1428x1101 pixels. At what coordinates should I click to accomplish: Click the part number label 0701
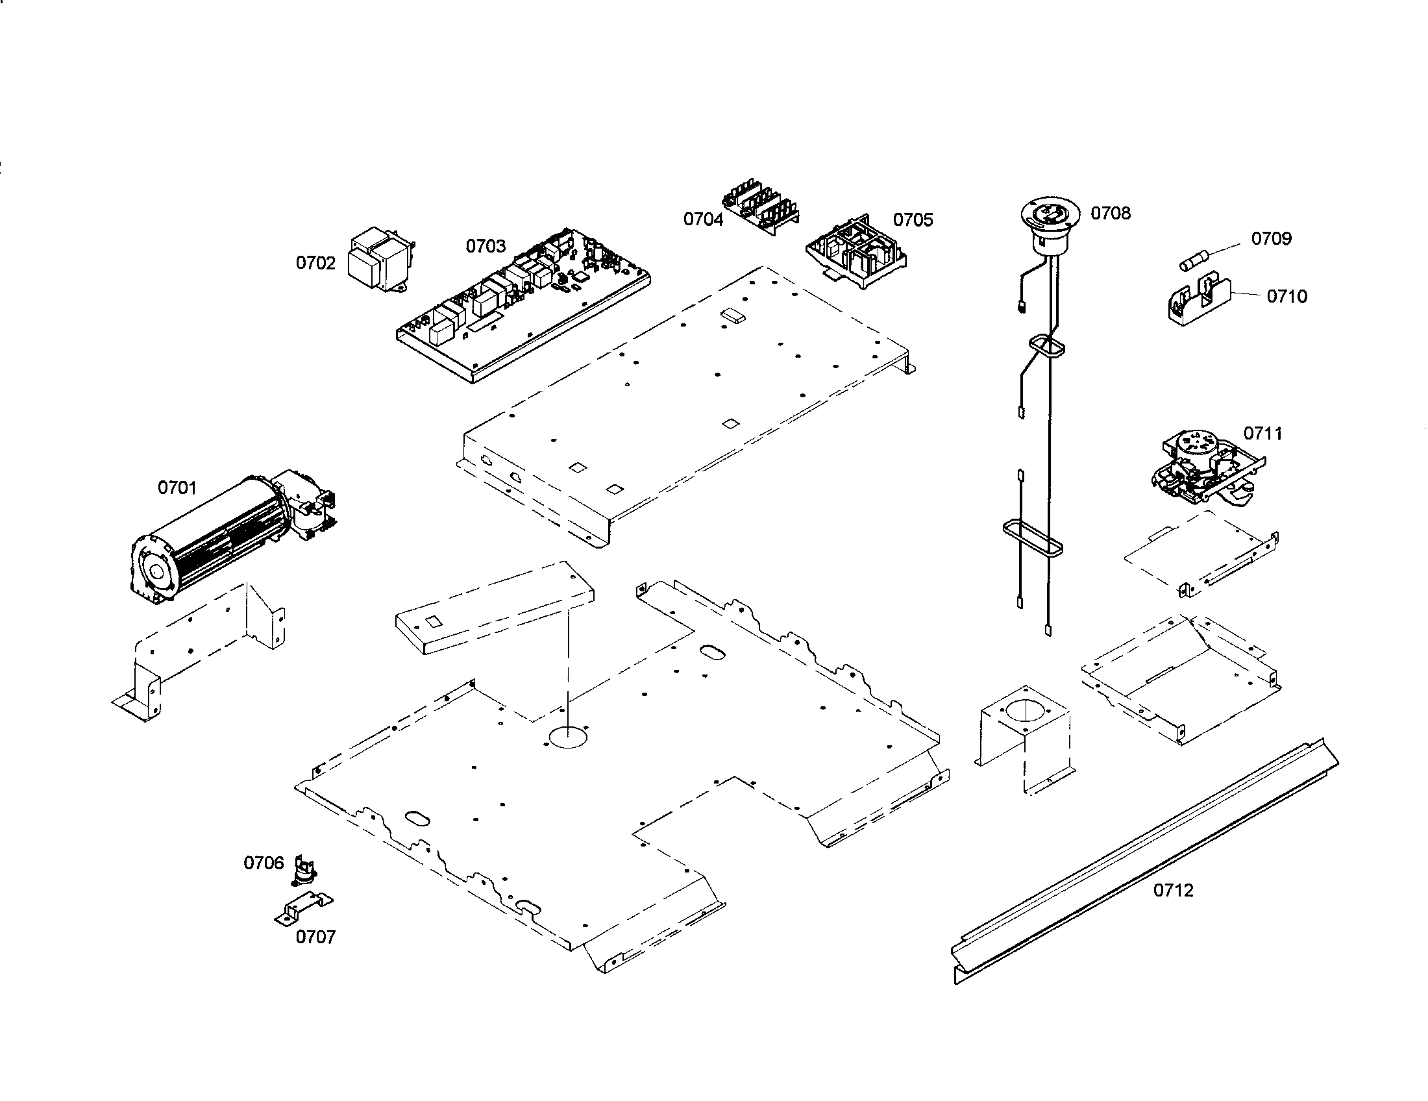(177, 488)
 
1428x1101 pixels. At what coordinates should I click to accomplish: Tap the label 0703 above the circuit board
(485, 247)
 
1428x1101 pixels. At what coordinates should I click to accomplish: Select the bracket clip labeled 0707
(302, 909)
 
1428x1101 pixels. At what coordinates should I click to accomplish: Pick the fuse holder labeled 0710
(1199, 303)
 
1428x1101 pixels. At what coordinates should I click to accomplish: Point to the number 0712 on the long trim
(1173, 891)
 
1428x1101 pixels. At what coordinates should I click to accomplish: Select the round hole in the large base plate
(568, 737)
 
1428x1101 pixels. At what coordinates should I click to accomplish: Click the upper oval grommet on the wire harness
(1047, 345)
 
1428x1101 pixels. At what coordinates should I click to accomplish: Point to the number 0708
(1110, 214)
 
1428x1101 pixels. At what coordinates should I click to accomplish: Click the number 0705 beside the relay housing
(913, 219)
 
